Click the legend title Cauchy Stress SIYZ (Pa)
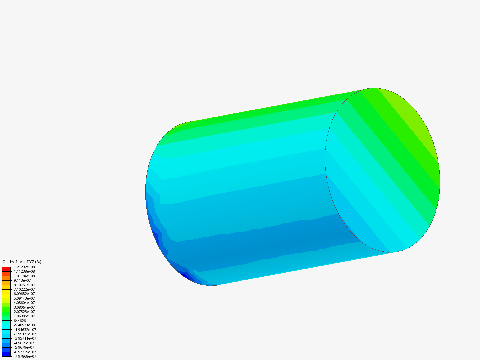[x=22, y=262]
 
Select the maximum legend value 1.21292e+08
[x=24, y=267]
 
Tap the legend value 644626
[x=20, y=321]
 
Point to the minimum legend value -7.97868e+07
[x=25, y=356]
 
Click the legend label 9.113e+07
[x=22, y=280]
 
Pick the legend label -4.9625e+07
[x=24, y=343]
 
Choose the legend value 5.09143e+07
[x=24, y=298]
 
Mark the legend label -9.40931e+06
[x=25, y=325]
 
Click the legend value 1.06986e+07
[x=24, y=316]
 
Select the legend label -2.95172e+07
[x=25, y=334]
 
